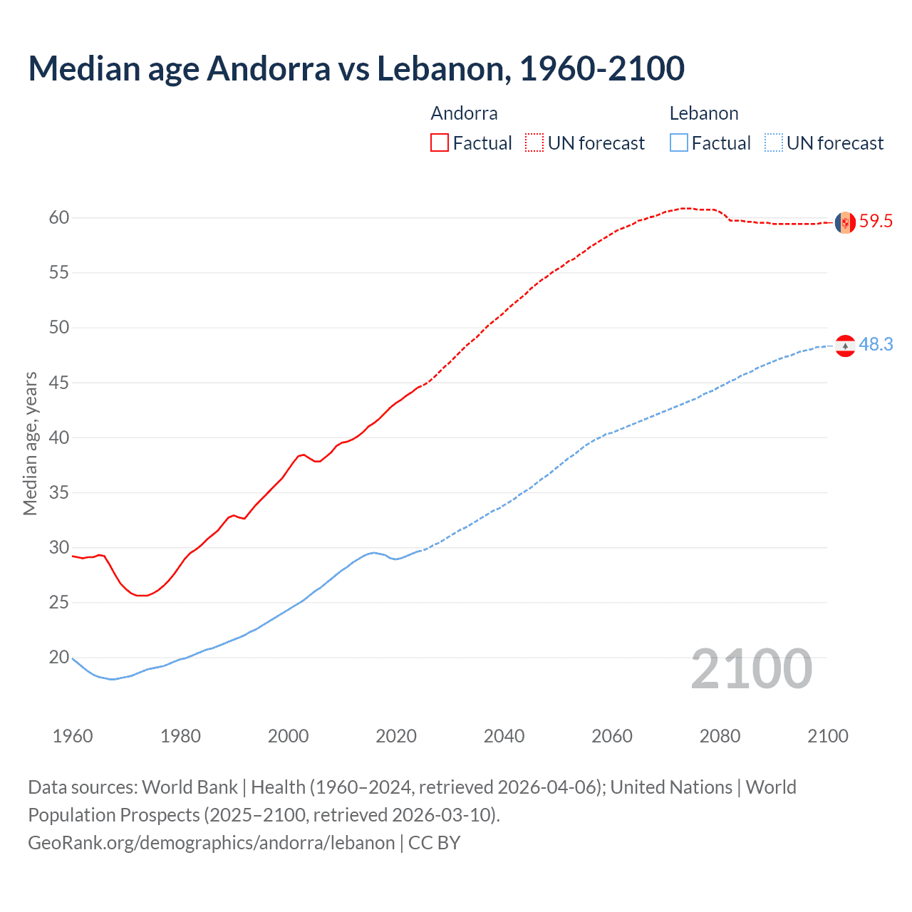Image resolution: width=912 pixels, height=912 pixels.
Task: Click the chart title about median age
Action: pyautogui.click(x=356, y=68)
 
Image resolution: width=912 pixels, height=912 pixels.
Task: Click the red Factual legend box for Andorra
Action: pyautogui.click(x=440, y=142)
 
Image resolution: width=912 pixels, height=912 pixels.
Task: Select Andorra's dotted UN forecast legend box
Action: pyautogui.click(x=534, y=142)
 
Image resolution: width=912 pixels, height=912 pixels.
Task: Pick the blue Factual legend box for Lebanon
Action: pyautogui.click(x=679, y=142)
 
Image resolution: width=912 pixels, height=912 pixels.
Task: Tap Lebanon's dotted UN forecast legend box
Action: pyautogui.click(x=774, y=142)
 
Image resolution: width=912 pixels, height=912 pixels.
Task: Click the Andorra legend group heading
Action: pyautogui.click(x=464, y=113)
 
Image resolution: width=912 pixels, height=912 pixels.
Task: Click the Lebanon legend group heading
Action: pyautogui.click(x=704, y=113)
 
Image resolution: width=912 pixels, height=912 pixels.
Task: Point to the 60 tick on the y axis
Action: pyautogui.click(x=59, y=217)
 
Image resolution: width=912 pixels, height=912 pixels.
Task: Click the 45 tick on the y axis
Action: pyautogui.click(x=59, y=383)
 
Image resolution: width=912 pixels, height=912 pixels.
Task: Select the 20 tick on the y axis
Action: pyautogui.click(x=59, y=657)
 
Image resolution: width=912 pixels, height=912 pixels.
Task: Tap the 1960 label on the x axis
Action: pyautogui.click(x=73, y=736)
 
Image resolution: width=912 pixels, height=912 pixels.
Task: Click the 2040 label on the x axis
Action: pyautogui.click(x=504, y=736)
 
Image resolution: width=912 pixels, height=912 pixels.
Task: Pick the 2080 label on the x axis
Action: pyautogui.click(x=720, y=736)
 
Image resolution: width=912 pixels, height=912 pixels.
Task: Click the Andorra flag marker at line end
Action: pyautogui.click(x=845, y=222)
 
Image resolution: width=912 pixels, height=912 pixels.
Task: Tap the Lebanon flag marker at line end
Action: pyautogui.click(x=845, y=346)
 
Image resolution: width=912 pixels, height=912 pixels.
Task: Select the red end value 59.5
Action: pyautogui.click(x=876, y=222)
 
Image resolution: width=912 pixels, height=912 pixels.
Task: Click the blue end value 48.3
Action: pyautogui.click(x=876, y=345)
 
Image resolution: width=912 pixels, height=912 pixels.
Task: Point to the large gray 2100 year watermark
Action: pyautogui.click(x=751, y=668)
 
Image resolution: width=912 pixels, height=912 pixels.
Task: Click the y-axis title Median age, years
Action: pyautogui.click(x=30, y=443)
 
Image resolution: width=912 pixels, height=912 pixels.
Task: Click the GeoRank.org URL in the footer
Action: pyautogui.click(x=211, y=843)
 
